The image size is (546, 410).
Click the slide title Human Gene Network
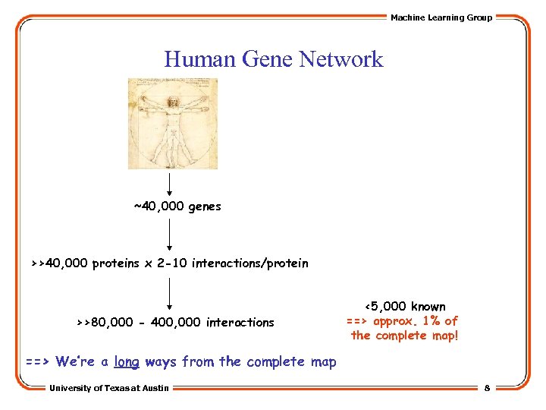point(273,58)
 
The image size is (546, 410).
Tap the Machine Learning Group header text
point(441,17)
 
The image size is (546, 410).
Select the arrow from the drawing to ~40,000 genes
point(170,182)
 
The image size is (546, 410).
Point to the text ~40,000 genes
point(177,207)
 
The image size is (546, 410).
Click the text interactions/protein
point(250,263)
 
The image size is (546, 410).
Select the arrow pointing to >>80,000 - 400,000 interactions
point(170,294)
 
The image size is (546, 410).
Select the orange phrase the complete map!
point(405,336)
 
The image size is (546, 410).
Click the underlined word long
point(127,362)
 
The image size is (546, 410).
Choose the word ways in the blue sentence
point(161,362)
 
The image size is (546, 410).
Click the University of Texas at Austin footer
point(109,388)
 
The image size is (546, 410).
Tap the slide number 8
point(487,388)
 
